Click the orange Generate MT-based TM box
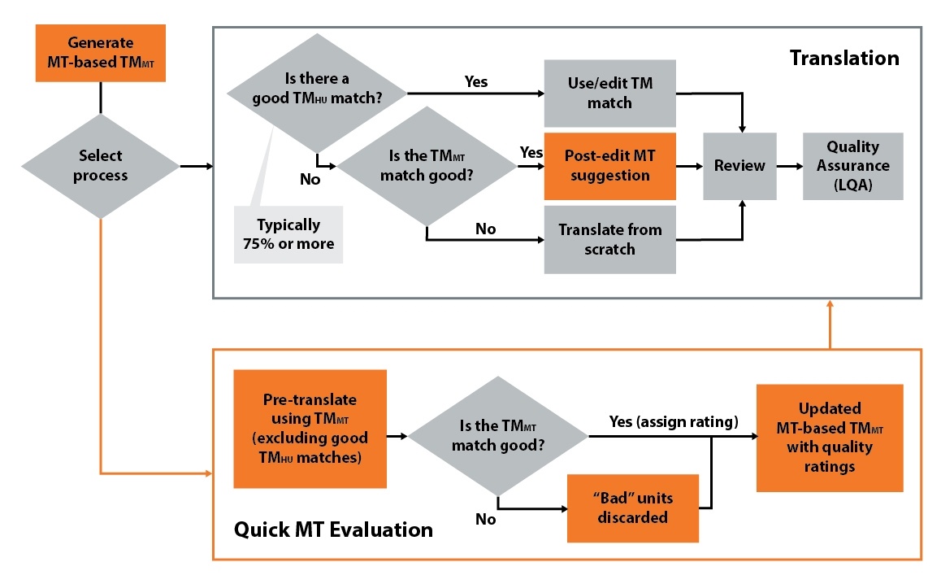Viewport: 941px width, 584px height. pos(101,53)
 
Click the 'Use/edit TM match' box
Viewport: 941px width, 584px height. pos(609,94)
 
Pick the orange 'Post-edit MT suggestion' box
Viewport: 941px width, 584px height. pos(609,166)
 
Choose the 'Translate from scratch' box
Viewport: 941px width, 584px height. pos(609,239)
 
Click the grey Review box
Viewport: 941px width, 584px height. pos(739,166)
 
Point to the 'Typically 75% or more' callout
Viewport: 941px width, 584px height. pos(288,234)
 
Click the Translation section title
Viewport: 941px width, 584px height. pos(844,59)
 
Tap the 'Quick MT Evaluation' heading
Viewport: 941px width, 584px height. pos(333,530)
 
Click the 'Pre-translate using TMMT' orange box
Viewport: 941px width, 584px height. pos(310,429)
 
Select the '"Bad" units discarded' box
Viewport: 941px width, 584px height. pos(633,508)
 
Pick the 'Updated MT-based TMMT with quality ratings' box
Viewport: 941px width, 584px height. pos(829,438)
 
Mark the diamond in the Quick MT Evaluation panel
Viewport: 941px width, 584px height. pos(497,437)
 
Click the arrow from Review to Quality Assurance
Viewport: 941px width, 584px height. pos(789,166)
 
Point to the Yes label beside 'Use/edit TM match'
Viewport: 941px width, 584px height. pos(475,81)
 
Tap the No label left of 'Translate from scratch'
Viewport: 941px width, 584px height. pos(485,229)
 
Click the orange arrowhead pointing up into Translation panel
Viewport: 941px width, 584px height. pos(830,305)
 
